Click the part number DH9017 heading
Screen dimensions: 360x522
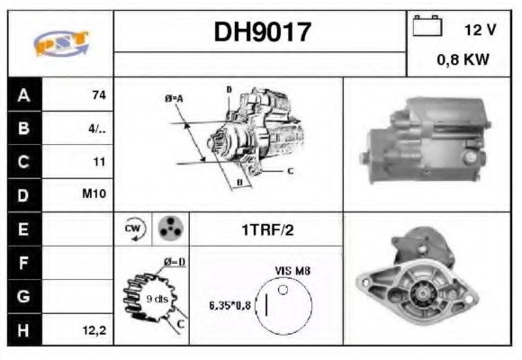pyautogui.click(x=262, y=32)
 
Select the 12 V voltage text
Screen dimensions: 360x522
pyautogui.click(x=480, y=30)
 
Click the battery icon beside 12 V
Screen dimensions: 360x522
pyautogui.click(x=426, y=28)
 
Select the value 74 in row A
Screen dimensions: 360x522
pyautogui.click(x=98, y=94)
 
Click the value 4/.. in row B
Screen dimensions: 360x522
pyautogui.click(x=97, y=128)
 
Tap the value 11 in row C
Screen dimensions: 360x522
pyautogui.click(x=99, y=162)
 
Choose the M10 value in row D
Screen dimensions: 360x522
pyautogui.click(x=95, y=195)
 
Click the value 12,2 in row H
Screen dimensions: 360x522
pyautogui.click(x=95, y=330)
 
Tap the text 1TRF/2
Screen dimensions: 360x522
pyautogui.click(x=267, y=229)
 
